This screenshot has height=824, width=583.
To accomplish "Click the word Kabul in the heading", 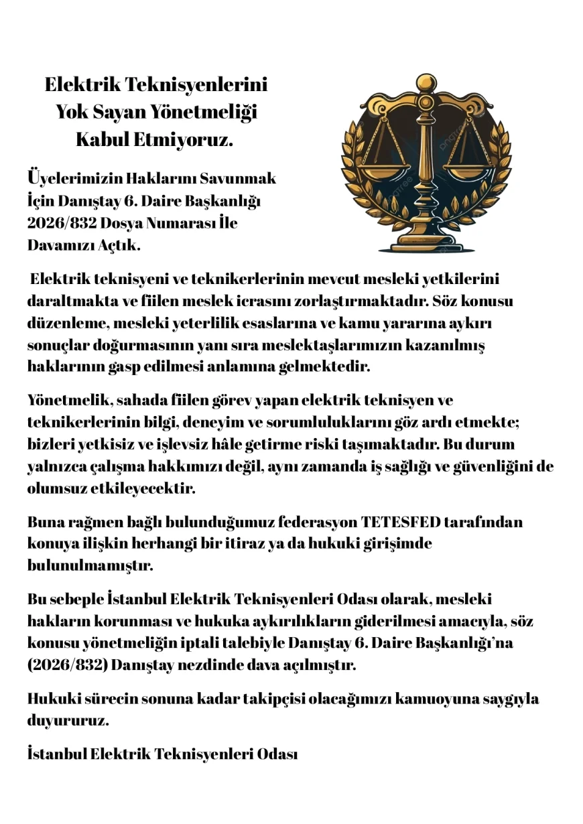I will (x=101, y=141).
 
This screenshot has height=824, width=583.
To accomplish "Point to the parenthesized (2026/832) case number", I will (x=68, y=666).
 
